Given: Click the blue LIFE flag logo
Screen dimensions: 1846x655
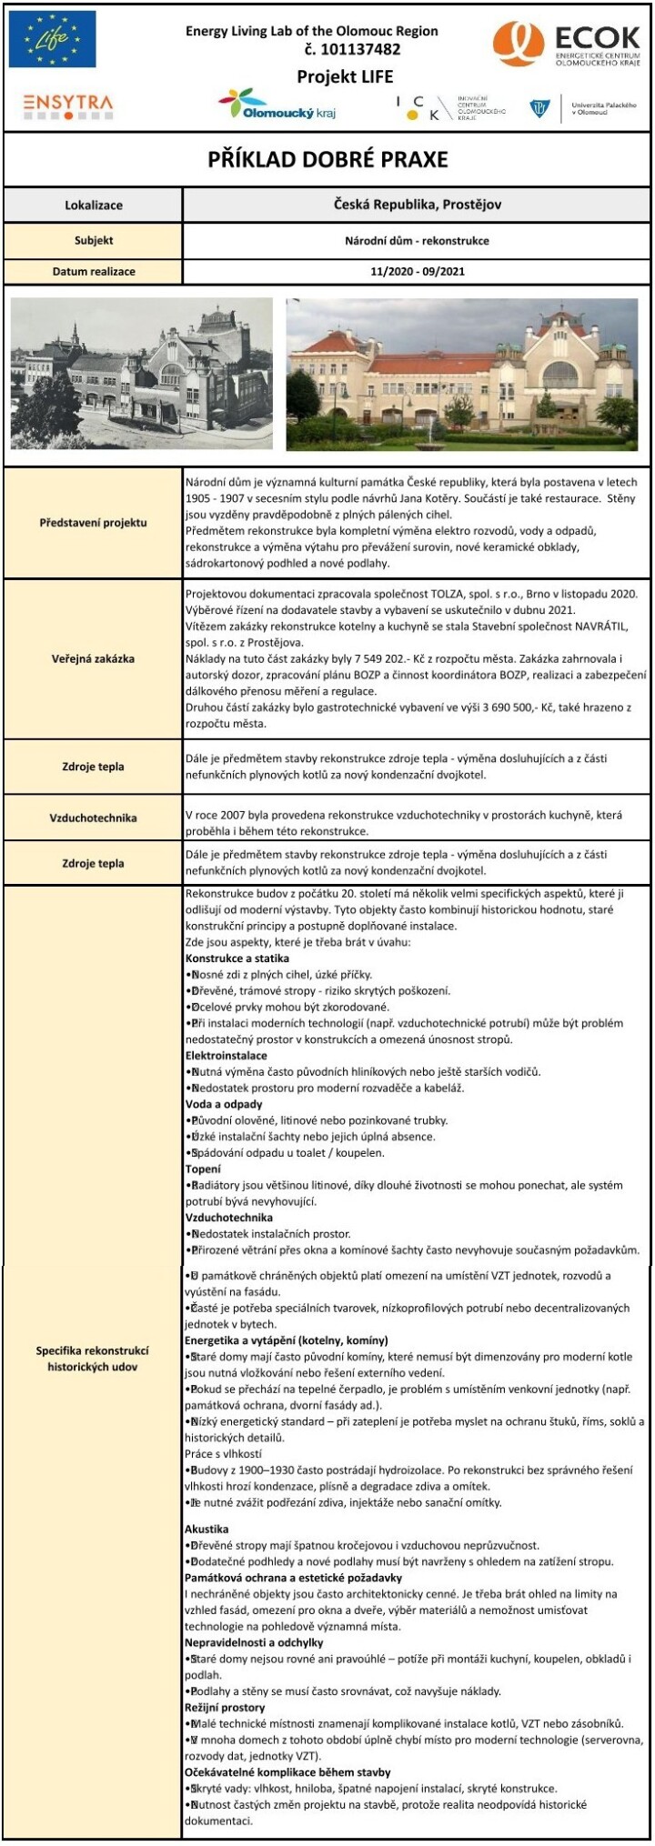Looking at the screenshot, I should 52,39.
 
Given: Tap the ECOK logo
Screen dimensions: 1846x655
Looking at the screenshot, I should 567,45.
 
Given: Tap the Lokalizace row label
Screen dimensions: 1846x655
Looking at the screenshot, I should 93,206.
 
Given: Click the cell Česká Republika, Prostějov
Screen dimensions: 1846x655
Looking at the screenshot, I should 418,205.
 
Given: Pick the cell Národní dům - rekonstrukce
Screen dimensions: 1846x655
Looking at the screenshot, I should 418,241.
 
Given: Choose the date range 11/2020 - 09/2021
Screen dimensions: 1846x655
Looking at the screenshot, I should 418,271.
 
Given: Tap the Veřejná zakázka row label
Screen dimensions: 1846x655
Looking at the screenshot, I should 93,658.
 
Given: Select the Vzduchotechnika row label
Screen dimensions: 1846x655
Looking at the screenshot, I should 93,818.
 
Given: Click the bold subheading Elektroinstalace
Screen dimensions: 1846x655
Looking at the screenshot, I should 226,1056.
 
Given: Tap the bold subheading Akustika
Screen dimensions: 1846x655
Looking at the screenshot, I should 207,1529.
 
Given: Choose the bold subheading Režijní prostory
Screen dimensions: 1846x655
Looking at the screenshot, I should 225,1708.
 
